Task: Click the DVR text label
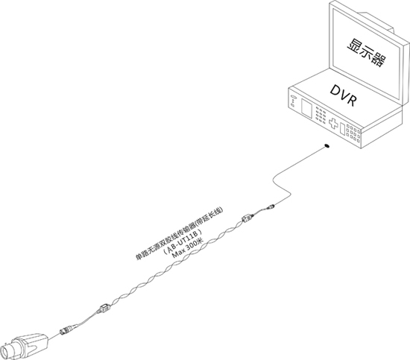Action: click(343, 95)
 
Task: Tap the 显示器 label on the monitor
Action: click(367, 53)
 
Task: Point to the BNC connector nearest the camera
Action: click(67, 329)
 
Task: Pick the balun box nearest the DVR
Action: click(247, 218)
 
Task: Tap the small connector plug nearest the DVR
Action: click(271, 207)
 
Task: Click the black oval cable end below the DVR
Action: click(327, 145)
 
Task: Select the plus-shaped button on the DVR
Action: click(333, 124)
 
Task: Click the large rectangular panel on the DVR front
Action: click(306, 107)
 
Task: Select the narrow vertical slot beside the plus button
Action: click(343, 129)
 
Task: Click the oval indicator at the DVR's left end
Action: click(293, 98)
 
